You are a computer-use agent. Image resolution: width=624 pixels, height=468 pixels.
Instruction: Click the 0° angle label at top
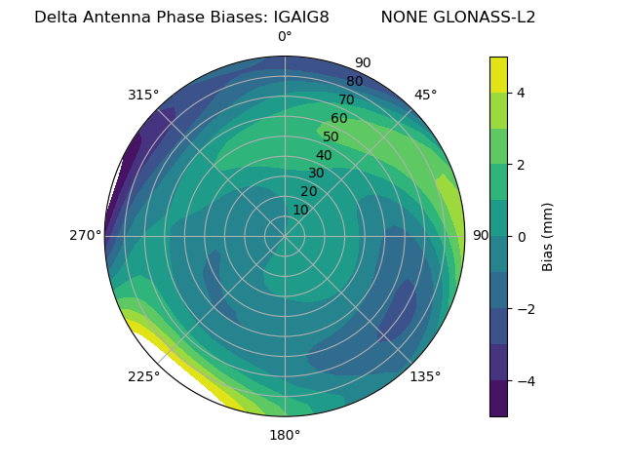click(x=285, y=37)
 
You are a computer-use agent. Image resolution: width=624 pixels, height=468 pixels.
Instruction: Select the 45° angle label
click(x=425, y=95)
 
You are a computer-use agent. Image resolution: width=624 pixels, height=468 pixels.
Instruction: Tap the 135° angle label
click(x=425, y=376)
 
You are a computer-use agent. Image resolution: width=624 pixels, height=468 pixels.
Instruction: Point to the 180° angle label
click(x=285, y=435)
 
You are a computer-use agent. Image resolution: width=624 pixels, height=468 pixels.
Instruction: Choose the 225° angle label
click(x=143, y=377)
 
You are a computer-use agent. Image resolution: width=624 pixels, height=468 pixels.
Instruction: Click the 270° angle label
click(x=85, y=235)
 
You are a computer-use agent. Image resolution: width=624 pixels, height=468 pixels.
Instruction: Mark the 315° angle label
click(x=143, y=95)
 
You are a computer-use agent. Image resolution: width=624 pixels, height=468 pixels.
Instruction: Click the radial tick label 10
click(x=300, y=210)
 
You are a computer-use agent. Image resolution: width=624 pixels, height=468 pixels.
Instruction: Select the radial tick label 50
click(x=331, y=136)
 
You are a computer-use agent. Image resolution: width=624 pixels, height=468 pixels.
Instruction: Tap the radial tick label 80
click(x=354, y=81)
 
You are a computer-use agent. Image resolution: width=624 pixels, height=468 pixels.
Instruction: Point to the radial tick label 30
click(x=316, y=174)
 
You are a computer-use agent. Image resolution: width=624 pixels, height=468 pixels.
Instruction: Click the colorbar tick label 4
click(x=522, y=93)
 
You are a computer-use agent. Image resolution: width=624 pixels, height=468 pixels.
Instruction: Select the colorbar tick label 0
click(x=522, y=236)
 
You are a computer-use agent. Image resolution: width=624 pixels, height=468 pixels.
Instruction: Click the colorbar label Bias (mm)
click(x=548, y=236)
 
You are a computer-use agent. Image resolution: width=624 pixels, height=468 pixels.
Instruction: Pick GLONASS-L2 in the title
click(x=487, y=17)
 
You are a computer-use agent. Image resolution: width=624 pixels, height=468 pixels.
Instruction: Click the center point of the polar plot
click(x=285, y=236)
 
